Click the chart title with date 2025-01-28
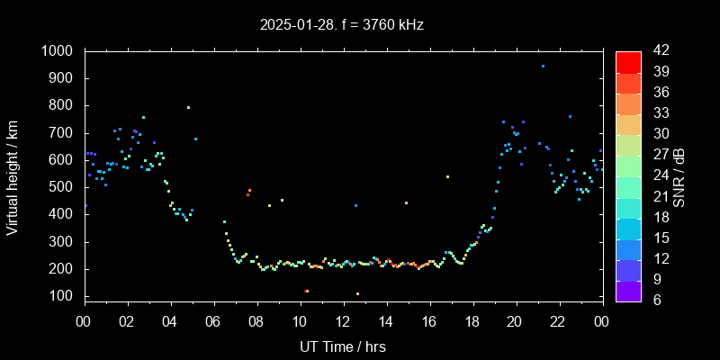click(x=342, y=25)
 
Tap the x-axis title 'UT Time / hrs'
click(x=342, y=346)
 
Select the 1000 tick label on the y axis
click(x=59, y=51)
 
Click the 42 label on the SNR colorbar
click(x=659, y=51)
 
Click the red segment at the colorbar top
click(x=628, y=61)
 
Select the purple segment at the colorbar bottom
click(x=628, y=290)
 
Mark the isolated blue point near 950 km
click(x=543, y=66)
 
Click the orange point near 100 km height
click(x=357, y=293)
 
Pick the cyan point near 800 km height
click(x=188, y=107)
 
